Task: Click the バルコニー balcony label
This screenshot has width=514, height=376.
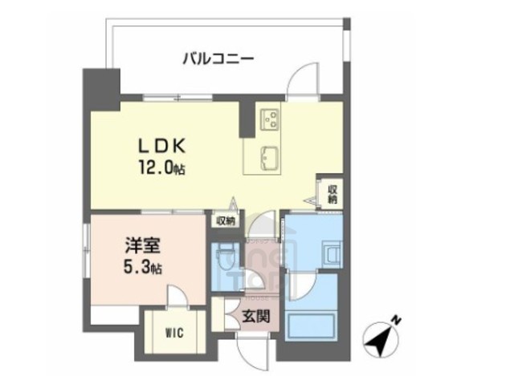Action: coord(218,58)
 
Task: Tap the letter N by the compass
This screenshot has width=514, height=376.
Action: coord(396,319)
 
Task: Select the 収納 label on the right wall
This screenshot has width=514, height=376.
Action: coord(332,194)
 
